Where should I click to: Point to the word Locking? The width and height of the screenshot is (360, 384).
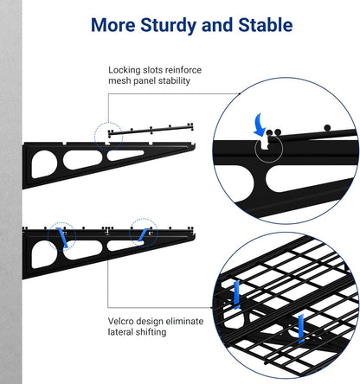click(125, 70)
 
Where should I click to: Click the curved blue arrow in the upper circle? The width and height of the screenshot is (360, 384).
click(259, 126)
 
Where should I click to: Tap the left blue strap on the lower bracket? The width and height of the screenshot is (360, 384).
click(61, 237)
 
